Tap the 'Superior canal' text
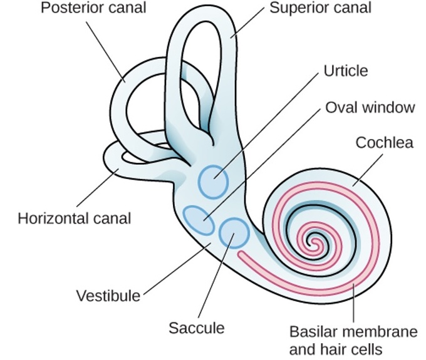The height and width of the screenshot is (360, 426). click(x=320, y=9)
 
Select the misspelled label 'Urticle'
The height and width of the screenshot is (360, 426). click(x=346, y=70)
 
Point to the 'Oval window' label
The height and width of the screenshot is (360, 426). click(x=370, y=107)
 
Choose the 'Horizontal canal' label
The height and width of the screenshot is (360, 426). click(x=74, y=219)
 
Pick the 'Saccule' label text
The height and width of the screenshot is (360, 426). click(x=197, y=327)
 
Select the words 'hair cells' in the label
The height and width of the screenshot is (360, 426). click(x=357, y=349)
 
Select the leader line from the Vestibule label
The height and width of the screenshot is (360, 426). click(x=175, y=267)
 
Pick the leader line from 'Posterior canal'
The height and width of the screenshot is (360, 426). click(x=106, y=53)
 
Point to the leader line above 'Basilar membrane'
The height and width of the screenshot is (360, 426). click(x=355, y=304)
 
